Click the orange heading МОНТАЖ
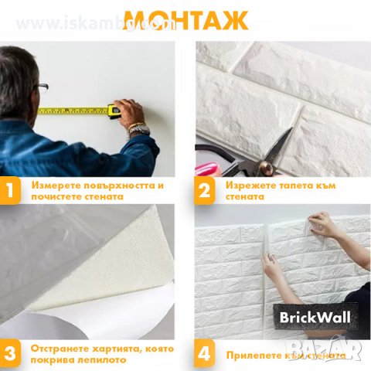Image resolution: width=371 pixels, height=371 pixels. point(185,19)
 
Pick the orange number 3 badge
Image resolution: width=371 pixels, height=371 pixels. point(11,353)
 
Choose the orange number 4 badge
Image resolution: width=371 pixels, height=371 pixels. point(205,353)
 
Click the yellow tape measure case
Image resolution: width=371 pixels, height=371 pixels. point(114,111)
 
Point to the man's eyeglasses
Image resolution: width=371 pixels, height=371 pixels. point(41,87)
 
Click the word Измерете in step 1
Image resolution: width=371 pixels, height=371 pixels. point(54,185)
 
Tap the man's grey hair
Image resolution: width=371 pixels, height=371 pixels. point(15,70)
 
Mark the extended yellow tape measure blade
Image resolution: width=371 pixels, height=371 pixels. point(73,111)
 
